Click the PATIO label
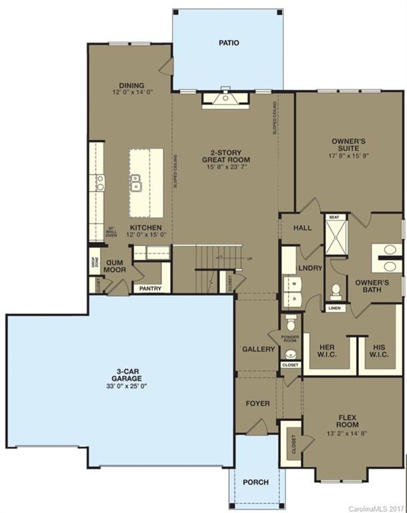(x=229, y=43)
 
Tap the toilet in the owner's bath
(x=336, y=291)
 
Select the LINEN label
(x=335, y=308)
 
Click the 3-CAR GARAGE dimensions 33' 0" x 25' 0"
(x=121, y=387)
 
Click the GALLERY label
(x=258, y=349)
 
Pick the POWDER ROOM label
(x=290, y=339)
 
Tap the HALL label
(x=302, y=228)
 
